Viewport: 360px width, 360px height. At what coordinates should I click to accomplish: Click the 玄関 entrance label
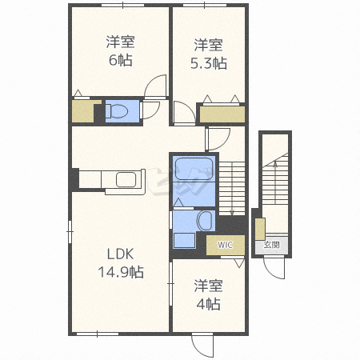pos(271,245)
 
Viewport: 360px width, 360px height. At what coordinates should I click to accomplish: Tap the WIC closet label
pos(225,245)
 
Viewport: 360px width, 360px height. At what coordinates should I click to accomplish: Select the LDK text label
pos(120,254)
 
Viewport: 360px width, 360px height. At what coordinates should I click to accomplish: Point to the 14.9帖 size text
pos(121,272)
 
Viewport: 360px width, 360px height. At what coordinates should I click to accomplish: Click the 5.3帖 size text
pos(209,63)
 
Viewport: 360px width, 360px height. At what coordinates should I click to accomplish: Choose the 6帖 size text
pos(121,60)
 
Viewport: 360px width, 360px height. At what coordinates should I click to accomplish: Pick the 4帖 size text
pos(209,304)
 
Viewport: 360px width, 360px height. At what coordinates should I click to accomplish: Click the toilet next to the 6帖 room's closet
pos(116,111)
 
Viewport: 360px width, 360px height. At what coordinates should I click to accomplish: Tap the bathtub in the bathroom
pos(194,169)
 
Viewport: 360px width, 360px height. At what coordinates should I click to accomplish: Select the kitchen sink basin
pos(126,180)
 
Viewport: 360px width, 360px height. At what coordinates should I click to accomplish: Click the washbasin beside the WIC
pos(205,221)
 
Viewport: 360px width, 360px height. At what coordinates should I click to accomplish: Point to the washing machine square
pos(185,240)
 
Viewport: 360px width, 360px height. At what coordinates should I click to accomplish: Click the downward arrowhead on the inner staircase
pos(232,213)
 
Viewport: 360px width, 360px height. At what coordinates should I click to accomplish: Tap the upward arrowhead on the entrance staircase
pos(275,163)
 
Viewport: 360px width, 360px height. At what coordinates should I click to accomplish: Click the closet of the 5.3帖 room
pos(222,114)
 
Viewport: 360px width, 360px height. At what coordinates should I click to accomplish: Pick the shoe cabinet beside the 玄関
pos(260,229)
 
